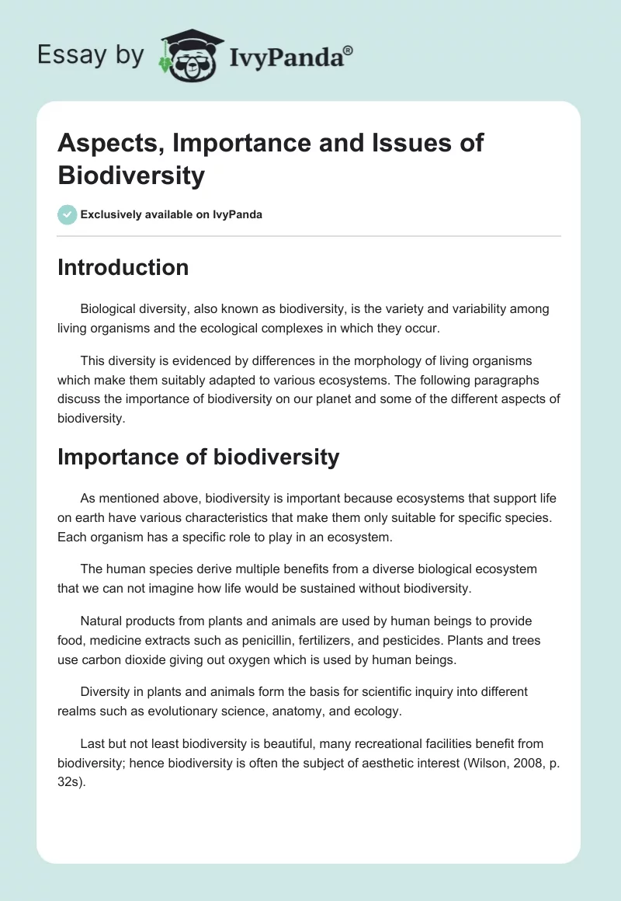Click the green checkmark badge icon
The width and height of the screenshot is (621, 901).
(x=68, y=214)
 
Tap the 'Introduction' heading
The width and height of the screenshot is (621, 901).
(x=123, y=267)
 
